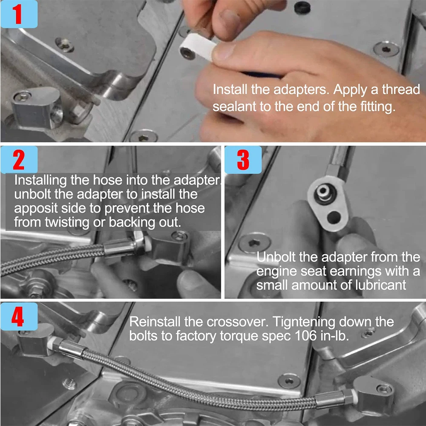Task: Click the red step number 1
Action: click(x=18, y=14)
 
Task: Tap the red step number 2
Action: click(x=18, y=160)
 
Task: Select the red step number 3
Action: click(x=243, y=160)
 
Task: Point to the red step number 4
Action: click(x=18, y=317)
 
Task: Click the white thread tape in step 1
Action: click(x=199, y=47)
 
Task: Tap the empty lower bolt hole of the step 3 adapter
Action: click(x=334, y=217)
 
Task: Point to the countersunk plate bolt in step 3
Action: click(x=254, y=243)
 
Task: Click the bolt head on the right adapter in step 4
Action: click(x=385, y=389)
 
